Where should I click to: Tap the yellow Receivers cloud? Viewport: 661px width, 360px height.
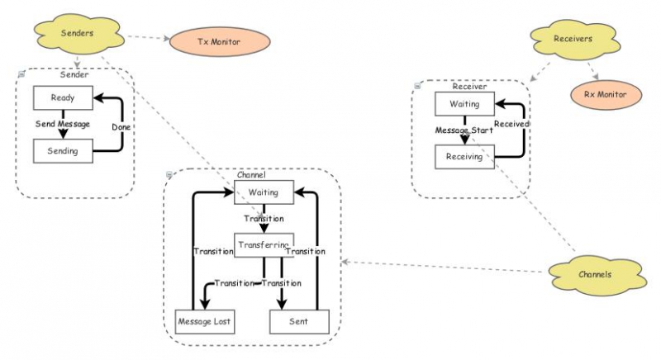click(571, 37)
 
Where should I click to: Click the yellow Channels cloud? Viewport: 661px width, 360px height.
click(594, 273)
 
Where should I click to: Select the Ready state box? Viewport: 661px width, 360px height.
click(63, 97)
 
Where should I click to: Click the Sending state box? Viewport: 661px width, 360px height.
click(63, 151)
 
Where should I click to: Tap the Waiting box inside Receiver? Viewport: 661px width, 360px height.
click(464, 104)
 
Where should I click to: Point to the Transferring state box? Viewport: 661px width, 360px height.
click(264, 245)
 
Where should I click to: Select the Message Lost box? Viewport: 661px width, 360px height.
click(205, 320)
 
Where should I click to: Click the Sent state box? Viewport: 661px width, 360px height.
click(299, 320)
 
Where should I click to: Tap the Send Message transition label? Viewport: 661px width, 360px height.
click(62, 124)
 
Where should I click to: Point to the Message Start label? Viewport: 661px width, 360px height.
click(464, 130)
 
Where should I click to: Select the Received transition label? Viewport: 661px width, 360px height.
click(512, 124)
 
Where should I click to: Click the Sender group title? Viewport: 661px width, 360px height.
click(75, 75)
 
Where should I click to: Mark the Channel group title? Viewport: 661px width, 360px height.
click(250, 175)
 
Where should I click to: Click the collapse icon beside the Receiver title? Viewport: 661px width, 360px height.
click(417, 85)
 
